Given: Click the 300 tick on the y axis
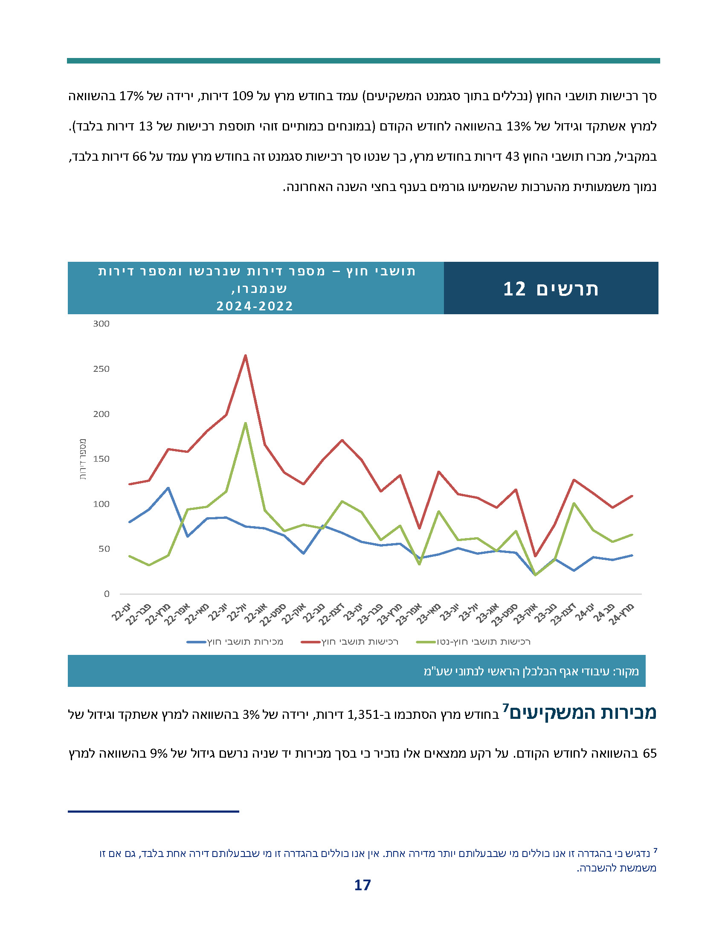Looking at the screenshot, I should point(101,324).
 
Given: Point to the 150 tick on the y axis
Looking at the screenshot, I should point(101,459).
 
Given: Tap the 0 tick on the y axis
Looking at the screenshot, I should point(107,594).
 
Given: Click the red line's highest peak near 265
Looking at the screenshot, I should point(245,355).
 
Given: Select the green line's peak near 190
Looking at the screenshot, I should point(245,423).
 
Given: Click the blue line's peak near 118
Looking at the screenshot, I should point(168,488).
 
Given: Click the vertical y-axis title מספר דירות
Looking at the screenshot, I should point(83,459).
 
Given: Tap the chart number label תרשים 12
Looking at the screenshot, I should point(551,289).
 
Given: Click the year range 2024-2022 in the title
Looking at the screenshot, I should point(255,306).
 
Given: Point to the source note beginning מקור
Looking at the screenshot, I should point(531,671).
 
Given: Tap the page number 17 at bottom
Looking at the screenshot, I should point(362,885).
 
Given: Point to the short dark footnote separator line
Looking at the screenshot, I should point(153,811).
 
